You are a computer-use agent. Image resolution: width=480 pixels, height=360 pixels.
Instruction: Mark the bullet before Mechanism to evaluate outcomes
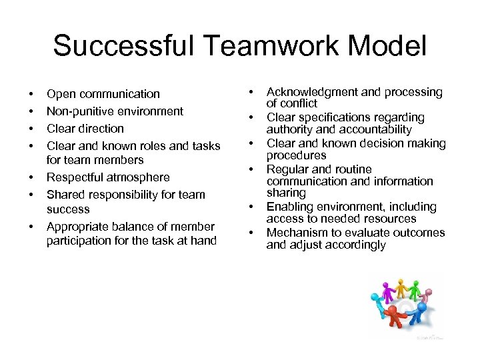[x=253, y=233]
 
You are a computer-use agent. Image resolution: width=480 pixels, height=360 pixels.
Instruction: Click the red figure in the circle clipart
[x=395, y=316]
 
